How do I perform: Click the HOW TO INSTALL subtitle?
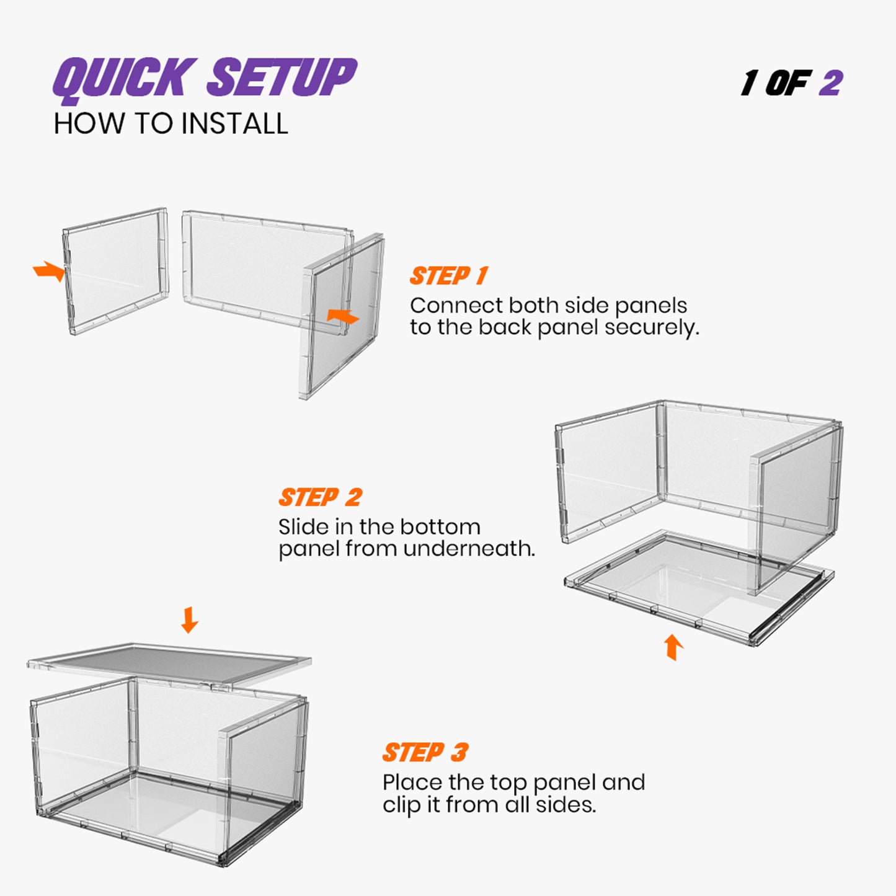point(171,124)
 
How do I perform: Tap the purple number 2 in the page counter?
point(830,83)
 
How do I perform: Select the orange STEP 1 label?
point(449,276)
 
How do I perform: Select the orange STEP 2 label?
point(320,497)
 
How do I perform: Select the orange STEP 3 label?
point(425,753)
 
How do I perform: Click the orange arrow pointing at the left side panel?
point(49,271)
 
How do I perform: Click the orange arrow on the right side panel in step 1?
point(343,316)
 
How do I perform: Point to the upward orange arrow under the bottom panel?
point(673,647)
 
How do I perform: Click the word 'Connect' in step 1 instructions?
point(456,306)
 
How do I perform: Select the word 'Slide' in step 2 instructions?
point(303,527)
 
